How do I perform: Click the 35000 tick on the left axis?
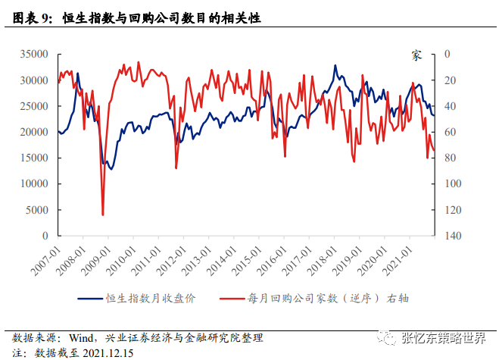point(35,55)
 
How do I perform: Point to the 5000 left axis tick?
point(38,210)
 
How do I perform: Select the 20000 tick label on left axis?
point(35,133)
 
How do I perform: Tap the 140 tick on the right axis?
point(452,236)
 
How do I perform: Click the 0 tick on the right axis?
point(447,55)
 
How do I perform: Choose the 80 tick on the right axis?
point(449,158)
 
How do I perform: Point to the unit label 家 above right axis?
point(416,55)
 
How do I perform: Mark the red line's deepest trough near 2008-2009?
point(103,215)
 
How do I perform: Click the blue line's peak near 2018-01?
point(335,66)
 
